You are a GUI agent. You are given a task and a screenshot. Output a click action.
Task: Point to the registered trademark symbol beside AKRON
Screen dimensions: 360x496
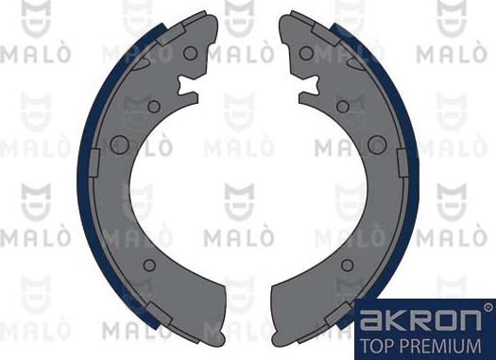pos(487,306)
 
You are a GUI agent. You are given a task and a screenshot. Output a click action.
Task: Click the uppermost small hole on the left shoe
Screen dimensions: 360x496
pos(190,53)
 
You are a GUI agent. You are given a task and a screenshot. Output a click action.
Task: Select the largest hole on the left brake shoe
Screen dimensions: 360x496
pos(119,145)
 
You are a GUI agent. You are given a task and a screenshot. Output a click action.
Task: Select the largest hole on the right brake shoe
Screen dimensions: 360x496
pos(377,145)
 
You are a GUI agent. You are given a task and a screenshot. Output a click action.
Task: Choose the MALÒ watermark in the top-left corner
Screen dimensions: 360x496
pos(37,53)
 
